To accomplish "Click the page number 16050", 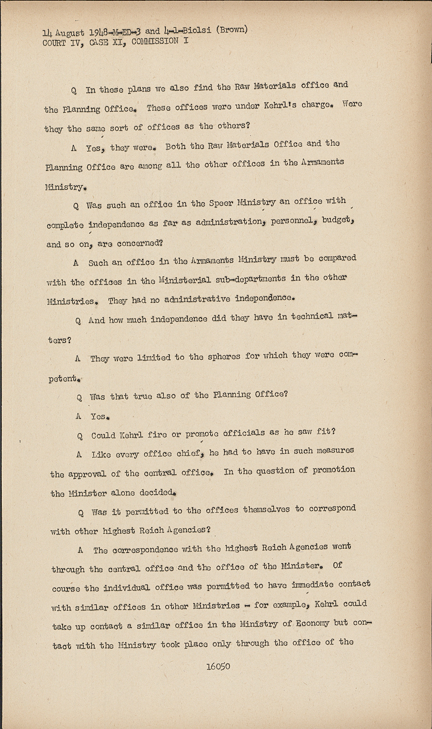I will coord(218,666).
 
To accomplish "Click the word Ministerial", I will coord(184,280).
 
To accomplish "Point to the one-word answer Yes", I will coord(100,417).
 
